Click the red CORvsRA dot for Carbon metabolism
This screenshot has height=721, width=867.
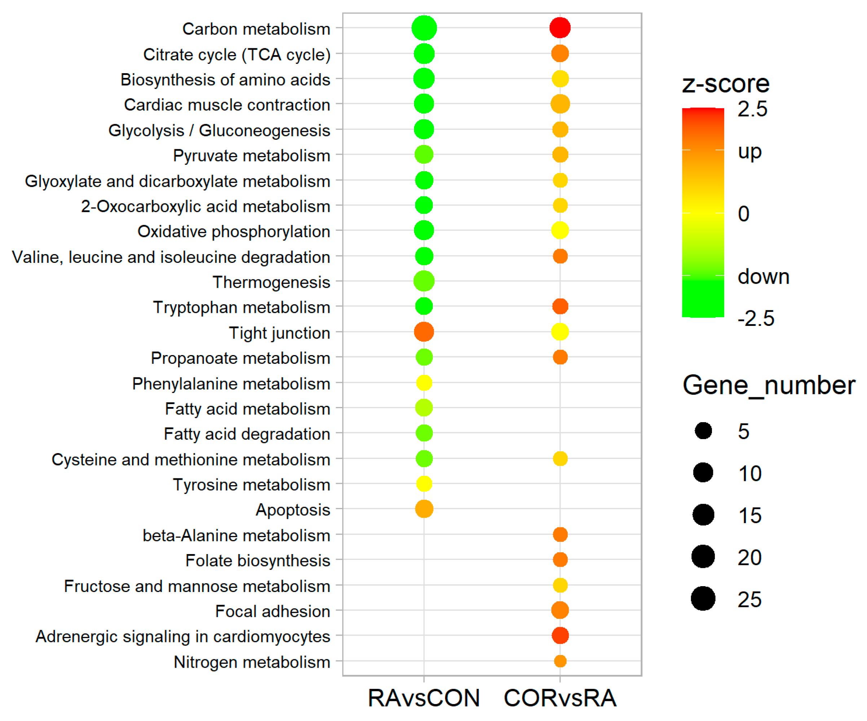point(560,28)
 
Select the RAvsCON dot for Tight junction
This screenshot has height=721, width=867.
point(424,332)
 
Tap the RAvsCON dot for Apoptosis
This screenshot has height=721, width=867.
point(424,509)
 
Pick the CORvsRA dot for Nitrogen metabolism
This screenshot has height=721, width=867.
point(560,661)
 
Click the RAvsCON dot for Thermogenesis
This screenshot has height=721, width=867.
point(424,282)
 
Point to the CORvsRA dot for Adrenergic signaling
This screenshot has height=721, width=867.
point(560,636)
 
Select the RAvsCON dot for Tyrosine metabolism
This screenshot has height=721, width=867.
point(424,484)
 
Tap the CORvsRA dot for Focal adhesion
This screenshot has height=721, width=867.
point(560,610)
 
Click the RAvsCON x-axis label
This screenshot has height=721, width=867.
point(424,698)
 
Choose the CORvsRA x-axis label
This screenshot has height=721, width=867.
point(560,698)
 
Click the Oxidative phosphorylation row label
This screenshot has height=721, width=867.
point(234,231)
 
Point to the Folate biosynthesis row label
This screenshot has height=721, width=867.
point(258,561)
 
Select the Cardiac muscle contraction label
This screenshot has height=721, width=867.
point(227,105)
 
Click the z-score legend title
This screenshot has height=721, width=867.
point(725,84)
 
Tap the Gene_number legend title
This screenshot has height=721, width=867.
point(769,385)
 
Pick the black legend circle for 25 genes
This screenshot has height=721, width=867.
point(703,599)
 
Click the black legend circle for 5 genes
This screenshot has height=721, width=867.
point(703,431)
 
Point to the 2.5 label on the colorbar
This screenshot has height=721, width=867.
point(752,109)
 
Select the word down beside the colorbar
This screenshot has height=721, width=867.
point(763,277)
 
